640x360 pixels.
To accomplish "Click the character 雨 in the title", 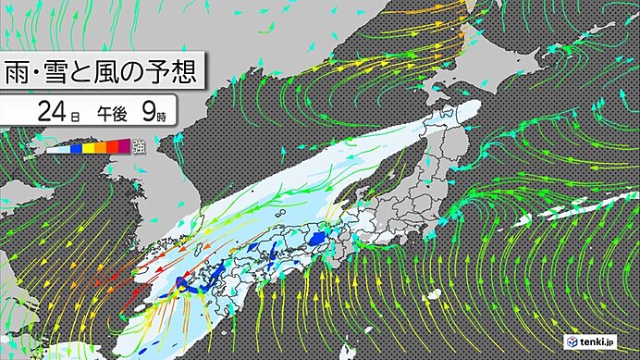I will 22,72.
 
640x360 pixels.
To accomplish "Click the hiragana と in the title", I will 102,72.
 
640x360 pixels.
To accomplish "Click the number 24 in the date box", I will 50,114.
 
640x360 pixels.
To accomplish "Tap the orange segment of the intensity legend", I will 98,146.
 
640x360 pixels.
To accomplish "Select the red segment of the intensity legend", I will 109,146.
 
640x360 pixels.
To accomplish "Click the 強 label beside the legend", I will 138,145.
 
